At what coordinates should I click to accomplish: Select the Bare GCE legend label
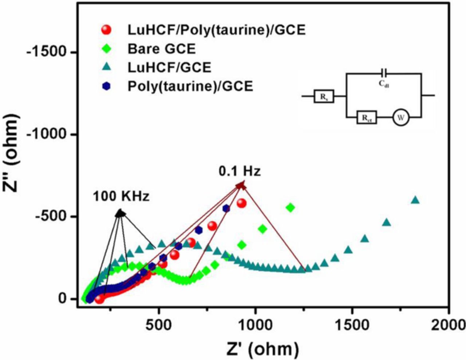coord(162,48)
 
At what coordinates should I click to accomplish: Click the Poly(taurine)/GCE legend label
coord(190,86)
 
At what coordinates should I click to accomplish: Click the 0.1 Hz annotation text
coord(240,171)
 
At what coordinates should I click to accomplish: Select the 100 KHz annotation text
coord(121,197)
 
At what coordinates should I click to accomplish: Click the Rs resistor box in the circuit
coord(324,96)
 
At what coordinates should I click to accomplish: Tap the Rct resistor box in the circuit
coord(366,118)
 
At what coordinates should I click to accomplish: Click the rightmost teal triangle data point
coord(415,200)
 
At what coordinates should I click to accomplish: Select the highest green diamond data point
coord(290,207)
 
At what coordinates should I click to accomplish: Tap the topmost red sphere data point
coord(241,203)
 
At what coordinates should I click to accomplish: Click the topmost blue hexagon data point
coord(226,208)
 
